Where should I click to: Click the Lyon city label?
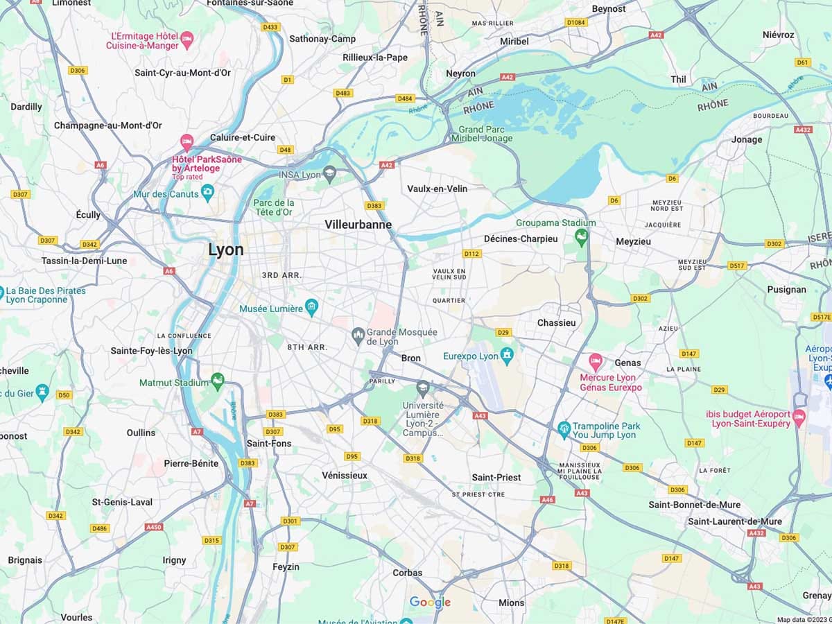point(226,250)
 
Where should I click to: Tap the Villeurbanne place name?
point(358,225)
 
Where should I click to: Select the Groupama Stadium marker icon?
point(581,239)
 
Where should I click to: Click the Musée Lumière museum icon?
point(311,306)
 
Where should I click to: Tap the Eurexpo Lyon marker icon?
point(507,356)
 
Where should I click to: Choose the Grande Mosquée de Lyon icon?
point(358,336)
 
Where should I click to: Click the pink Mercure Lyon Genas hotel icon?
point(595,361)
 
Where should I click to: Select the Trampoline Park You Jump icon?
point(564,428)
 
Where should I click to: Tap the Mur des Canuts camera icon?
point(207,193)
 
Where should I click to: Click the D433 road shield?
point(270,27)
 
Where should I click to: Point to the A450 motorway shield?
point(153,527)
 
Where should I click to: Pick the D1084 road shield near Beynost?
point(575,22)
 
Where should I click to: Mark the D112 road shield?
point(471,254)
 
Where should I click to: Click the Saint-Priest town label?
point(496,477)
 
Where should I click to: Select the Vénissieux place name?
point(345,476)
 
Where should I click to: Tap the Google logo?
point(430,603)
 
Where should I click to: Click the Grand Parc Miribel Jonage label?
point(485,134)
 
